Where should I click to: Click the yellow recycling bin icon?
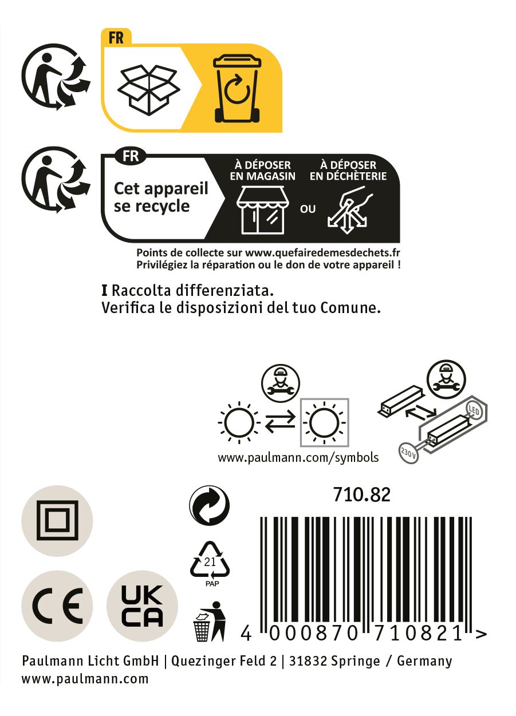(x=237, y=88)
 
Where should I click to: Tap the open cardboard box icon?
(x=149, y=90)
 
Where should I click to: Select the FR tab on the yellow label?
(x=116, y=38)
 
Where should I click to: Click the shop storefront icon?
(x=263, y=210)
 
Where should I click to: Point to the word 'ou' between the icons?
(x=308, y=209)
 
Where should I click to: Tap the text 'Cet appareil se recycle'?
(x=161, y=197)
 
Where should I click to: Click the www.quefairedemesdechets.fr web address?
(x=322, y=253)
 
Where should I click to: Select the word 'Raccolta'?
(x=141, y=291)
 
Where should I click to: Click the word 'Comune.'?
(x=350, y=308)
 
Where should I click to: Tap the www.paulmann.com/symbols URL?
(x=298, y=458)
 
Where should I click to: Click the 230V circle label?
(x=408, y=453)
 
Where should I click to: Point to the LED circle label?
(x=474, y=411)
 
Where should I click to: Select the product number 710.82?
(x=362, y=495)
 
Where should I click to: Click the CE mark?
(x=57, y=606)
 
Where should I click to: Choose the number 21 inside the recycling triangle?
(x=210, y=562)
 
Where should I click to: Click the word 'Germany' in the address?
(x=424, y=661)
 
